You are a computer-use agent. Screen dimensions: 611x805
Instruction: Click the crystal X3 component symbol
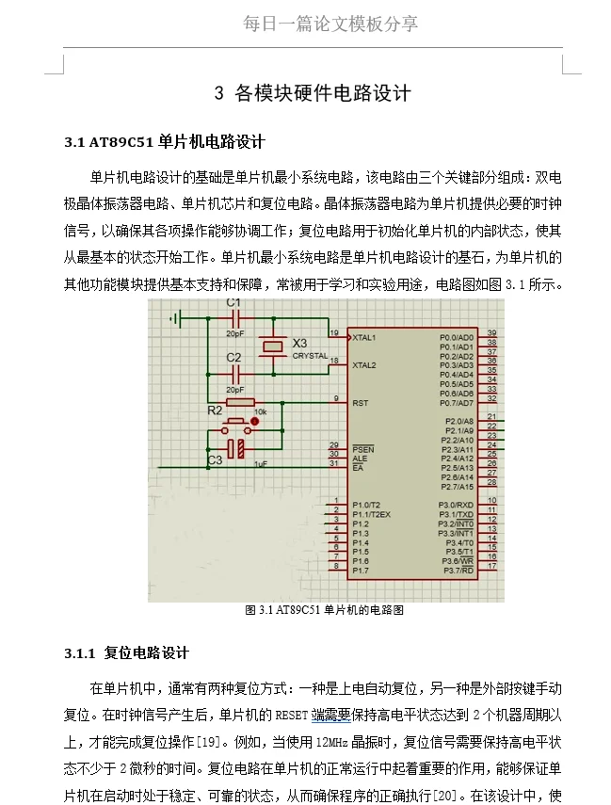click(272, 347)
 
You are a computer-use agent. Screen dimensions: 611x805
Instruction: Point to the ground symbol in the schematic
click(175, 319)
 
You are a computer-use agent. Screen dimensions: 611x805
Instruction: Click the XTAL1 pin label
click(364, 337)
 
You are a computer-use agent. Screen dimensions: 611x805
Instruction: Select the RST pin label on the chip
click(360, 402)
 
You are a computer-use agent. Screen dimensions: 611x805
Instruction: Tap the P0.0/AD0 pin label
click(457, 337)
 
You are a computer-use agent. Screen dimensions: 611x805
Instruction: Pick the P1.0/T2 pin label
click(365, 505)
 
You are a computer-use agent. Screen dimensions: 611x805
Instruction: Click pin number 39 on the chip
click(491, 333)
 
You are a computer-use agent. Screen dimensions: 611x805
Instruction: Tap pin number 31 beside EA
click(333, 463)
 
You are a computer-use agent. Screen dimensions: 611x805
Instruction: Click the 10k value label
click(261, 411)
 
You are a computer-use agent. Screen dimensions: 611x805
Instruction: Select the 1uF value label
click(261, 464)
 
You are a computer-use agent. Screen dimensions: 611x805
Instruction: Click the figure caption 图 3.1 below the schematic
click(324, 610)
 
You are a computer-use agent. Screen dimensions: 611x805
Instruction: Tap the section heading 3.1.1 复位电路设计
click(127, 652)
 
